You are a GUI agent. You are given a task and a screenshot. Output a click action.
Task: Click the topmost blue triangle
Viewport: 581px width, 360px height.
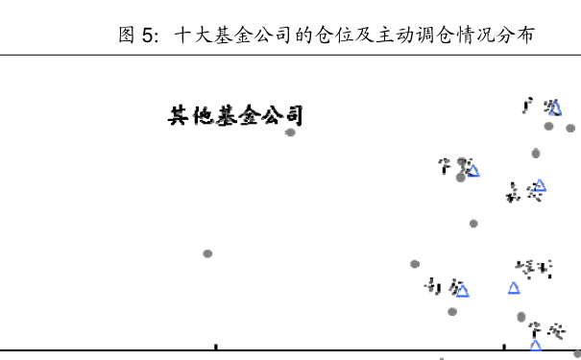554,108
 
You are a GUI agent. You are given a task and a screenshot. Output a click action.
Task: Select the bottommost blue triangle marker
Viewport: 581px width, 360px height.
535,344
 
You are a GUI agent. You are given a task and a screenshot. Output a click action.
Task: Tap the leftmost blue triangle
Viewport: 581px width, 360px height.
462,290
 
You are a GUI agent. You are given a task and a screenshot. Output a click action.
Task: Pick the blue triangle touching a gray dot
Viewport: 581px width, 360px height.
472,171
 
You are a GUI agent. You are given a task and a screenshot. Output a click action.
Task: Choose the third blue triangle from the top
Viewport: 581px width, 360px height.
540,185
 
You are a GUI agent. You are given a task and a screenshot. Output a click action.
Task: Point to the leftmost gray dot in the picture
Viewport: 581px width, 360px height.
207,253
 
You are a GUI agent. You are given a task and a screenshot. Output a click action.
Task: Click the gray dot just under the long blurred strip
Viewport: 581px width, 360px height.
290,132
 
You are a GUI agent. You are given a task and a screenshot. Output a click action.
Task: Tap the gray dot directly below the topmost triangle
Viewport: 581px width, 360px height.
548,126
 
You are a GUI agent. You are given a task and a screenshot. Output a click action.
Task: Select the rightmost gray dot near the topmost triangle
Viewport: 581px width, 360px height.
570,128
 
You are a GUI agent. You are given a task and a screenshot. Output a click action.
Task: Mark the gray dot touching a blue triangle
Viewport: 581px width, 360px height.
461,177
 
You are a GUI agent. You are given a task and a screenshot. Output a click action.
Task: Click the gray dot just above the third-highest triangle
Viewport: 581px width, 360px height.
536,153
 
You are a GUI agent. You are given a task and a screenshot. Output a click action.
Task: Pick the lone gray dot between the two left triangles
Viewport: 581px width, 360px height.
473,224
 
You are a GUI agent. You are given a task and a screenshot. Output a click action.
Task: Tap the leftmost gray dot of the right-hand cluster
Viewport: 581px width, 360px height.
415,264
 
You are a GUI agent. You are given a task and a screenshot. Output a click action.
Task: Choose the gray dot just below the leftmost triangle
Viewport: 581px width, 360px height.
452,311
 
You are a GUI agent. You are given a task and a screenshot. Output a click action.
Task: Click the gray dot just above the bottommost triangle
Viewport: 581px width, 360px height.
521,316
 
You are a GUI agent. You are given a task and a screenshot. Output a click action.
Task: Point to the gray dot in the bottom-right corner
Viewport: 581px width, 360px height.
577,353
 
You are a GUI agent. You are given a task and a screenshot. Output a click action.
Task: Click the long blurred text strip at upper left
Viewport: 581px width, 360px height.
236,115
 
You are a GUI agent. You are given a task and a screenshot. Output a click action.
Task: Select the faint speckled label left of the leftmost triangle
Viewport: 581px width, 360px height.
433,286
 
